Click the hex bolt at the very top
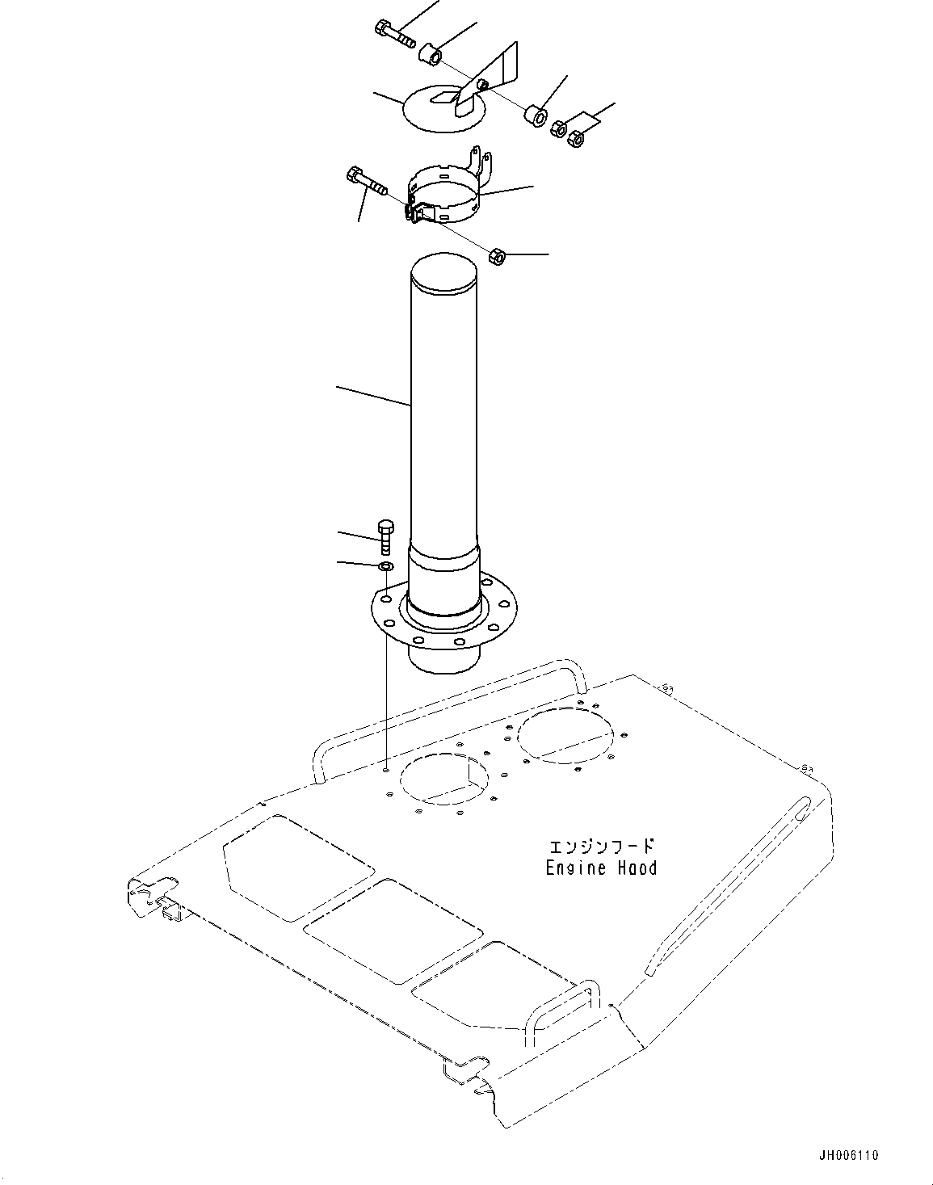pos(393,33)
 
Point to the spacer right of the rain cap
pos(535,116)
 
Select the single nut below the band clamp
pos(498,257)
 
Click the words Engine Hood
pos(601,868)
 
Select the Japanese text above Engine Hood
pos(601,847)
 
